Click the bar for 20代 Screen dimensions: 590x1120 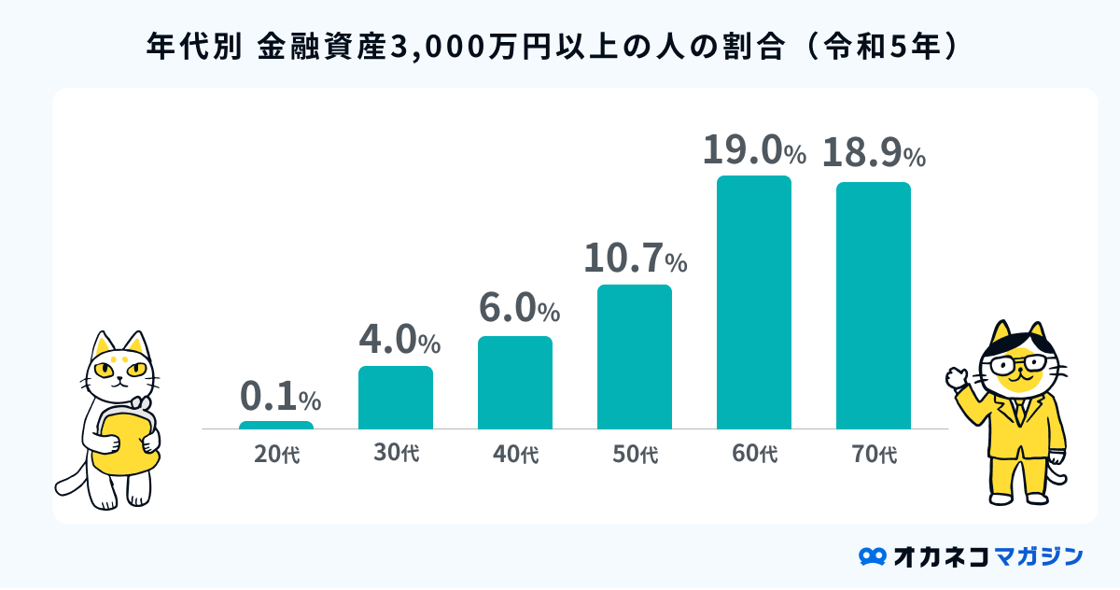(x=276, y=425)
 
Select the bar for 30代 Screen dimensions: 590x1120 (x=396, y=398)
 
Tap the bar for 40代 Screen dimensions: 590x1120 (x=515, y=383)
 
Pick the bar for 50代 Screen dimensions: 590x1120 (x=635, y=357)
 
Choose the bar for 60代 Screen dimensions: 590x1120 (x=754, y=302)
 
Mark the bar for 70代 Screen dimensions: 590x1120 (x=874, y=305)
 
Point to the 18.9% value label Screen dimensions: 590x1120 (x=874, y=153)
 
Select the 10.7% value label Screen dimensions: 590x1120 (x=635, y=259)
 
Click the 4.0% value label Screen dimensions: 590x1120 (x=399, y=341)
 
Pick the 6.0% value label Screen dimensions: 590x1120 (x=519, y=308)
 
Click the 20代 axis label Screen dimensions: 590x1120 (x=276, y=456)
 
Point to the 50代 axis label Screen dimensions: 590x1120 (x=635, y=456)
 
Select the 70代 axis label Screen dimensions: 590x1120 (x=874, y=456)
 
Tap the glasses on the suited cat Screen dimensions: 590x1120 (x=1019, y=362)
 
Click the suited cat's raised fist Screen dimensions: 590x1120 (x=956, y=378)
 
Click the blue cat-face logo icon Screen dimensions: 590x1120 (x=872, y=556)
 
